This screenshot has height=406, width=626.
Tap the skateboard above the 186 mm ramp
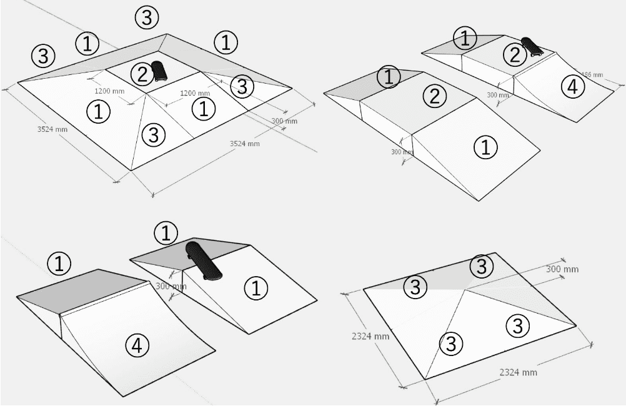pyautogui.click(x=531, y=47)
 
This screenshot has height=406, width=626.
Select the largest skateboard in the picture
pyautogui.click(x=203, y=260)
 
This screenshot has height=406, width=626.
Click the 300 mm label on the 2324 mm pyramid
pyautogui.click(x=562, y=269)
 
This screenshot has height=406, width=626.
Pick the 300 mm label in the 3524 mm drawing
pyautogui.click(x=284, y=121)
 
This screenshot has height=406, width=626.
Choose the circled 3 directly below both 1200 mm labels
pyautogui.click(x=154, y=133)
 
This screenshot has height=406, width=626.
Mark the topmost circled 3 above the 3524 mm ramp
pyautogui.click(x=146, y=18)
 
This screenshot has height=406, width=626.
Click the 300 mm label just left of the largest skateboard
pyautogui.click(x=171, y=287)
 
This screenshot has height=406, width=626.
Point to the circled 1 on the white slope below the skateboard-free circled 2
pyautogui.click(x=485, y=147)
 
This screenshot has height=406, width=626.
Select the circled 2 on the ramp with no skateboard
pyautogui.click(x=435, y=96)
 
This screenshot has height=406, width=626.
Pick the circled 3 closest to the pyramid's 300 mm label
pyautogui.click(x=482, y=267)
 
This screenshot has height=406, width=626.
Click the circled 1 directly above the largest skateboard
pyautogui.click(x=166, y=234)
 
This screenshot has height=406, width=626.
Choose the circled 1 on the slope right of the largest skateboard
pyautogui.click(x=255, y=288)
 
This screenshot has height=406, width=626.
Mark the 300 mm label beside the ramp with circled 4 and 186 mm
pyautogui.click(x=498, y=95)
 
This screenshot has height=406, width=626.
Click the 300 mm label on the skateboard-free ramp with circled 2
pyautogui.click(x=402, y=152)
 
